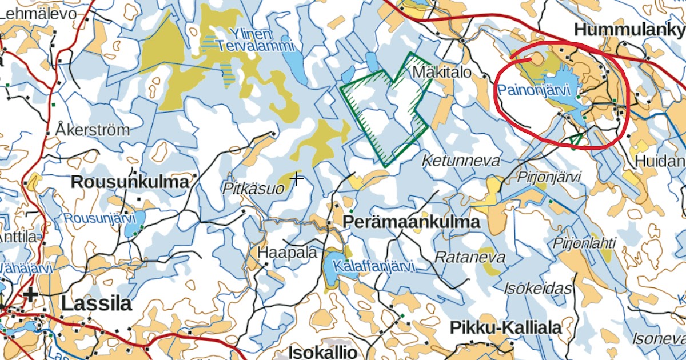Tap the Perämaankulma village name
pyautogui.click(x=412, y=222)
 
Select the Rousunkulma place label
pyautogui.click(x=130, y=182)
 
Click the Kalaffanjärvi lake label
pyautogui.click(x=375, y=267)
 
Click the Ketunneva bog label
pyautogui.click(x=461, y=161)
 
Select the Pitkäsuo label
pyautogui.click(x=253, y=189)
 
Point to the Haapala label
pyautogui.click(x=287, y=253)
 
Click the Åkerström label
pyautogui.click(x=93, y=130)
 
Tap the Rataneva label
pyautogui.click(x=470, y=257)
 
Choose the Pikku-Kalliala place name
pyautogui.click(x=506, y=328)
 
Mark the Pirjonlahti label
pyautogui.click(x=584, y=243)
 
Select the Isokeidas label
pyautogui.click(x=538, y=289)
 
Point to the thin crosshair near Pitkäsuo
pyautogui.click(x=297, y=179)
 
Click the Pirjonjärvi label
pyautogui.click(x=549, y=177)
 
